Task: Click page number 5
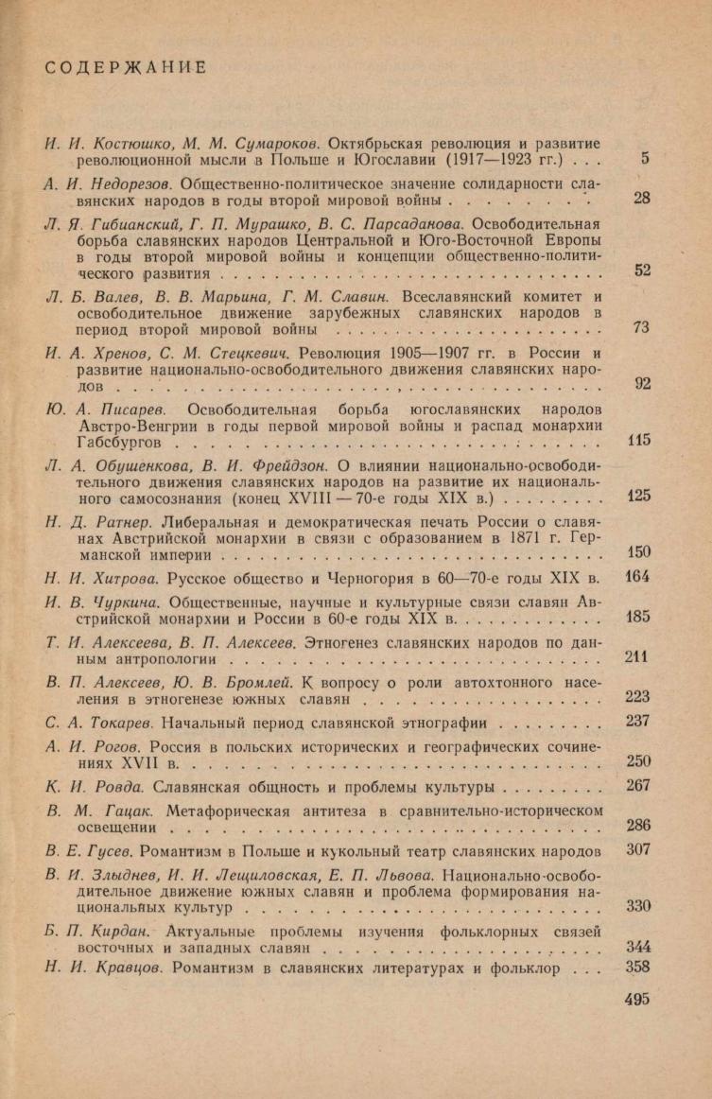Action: point(644,159)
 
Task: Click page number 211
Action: point(637,656)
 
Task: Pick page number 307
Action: point(637,848)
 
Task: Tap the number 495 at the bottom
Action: point(637,999)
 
